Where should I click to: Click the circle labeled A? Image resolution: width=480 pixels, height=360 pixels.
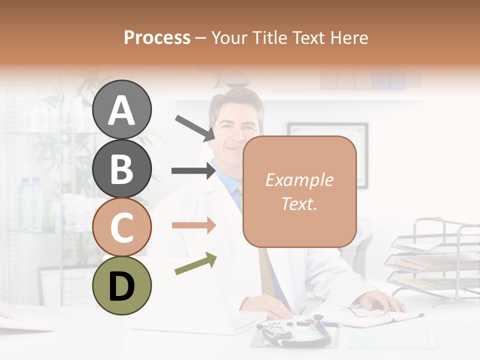point(121,109)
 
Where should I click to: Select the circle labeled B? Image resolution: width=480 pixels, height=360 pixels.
point(121,168)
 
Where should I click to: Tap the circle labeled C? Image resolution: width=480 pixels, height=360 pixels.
point(121,227)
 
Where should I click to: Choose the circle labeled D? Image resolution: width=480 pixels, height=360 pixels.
point(121,285)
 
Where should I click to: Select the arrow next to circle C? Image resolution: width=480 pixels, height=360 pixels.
point(193,225)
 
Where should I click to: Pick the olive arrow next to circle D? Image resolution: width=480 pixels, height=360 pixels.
point(195,264)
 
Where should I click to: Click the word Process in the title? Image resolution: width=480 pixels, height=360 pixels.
point(157,37)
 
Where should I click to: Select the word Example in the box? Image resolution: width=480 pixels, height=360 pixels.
point(299,180)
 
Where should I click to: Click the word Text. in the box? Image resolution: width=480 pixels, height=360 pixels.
point(299,203)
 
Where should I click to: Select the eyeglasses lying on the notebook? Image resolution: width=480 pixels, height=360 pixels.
point(367,312)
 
